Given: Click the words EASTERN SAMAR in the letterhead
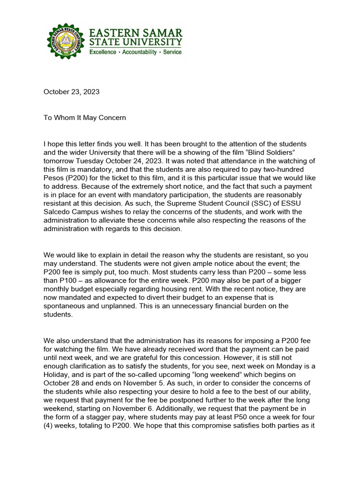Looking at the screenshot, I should point(136,33).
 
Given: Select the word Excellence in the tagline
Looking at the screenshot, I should point(103,52).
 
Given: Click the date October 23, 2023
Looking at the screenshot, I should point(71,92).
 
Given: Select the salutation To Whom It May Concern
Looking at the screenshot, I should point(85,118).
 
